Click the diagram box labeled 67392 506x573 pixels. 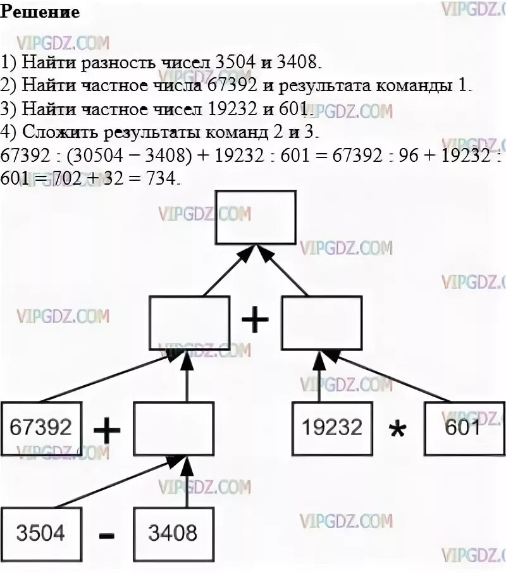coord(41,428)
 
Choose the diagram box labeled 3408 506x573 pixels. coord(172,533)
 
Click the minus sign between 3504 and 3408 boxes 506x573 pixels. coord(108,535)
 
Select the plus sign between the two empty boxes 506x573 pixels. coord(255,321)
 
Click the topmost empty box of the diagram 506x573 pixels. coord(256,217)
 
